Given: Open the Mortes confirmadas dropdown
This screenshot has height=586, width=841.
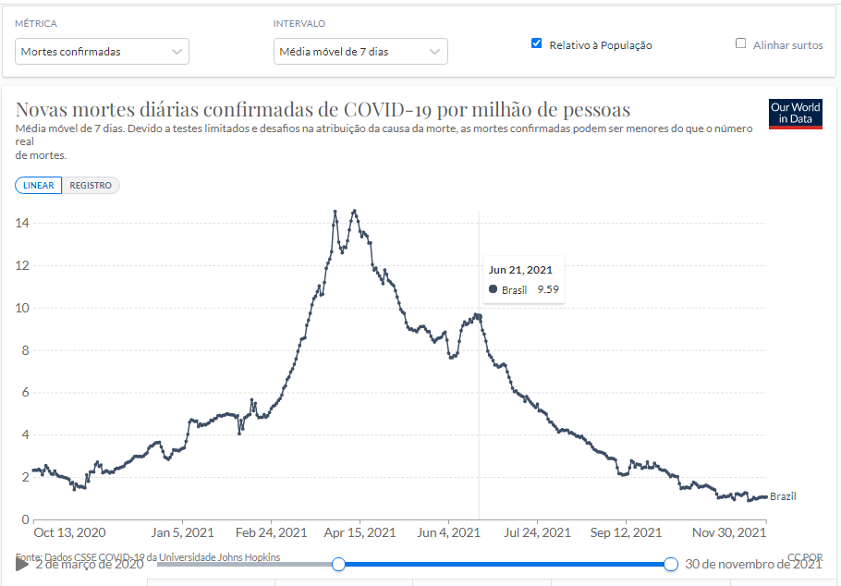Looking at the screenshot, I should (102, 52).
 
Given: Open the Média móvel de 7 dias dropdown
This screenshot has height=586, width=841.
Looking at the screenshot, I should (360, 52).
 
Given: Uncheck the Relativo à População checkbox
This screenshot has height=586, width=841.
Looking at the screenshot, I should (536, 43).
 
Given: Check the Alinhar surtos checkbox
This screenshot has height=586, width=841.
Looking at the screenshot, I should (740, 43).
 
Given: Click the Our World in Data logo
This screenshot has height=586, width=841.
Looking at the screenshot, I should (795, 114).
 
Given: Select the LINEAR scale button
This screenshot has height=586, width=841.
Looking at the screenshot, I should (39, 186).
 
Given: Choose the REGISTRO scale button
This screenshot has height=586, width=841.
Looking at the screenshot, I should (91, 186).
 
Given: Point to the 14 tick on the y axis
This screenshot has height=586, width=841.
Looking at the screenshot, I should (22, 223).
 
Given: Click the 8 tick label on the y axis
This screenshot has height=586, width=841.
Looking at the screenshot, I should (26, 350).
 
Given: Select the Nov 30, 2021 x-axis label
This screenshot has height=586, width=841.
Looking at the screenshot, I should (728, 532).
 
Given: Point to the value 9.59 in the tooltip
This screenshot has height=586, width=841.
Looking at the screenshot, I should (548, 290).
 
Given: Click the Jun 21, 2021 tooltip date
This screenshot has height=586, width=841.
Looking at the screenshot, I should (520, 270).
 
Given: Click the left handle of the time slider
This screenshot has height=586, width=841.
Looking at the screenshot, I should (339, 564).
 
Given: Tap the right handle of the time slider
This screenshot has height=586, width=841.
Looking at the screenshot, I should (671, 564).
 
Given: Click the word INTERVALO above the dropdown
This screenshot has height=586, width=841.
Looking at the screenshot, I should (299, 24).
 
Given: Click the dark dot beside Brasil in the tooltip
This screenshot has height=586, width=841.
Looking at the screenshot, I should (493, 290).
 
